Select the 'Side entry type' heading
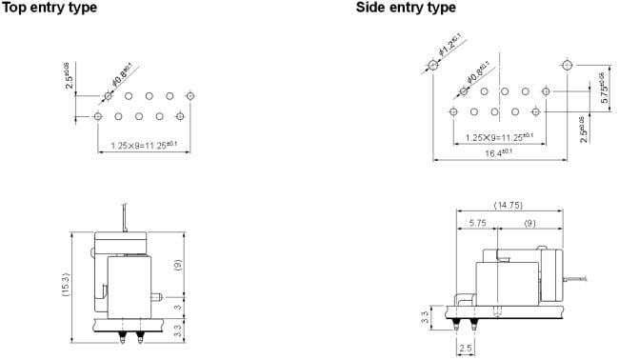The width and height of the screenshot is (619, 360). coord(406,8)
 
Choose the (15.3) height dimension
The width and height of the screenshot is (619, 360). coord(67,284)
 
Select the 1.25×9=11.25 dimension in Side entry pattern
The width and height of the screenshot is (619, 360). coord(499,138)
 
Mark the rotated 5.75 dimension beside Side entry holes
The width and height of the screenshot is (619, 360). coord(601,87)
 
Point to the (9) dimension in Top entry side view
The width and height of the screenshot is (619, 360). coord(176,264)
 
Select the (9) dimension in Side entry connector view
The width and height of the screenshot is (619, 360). coord(529,222)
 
